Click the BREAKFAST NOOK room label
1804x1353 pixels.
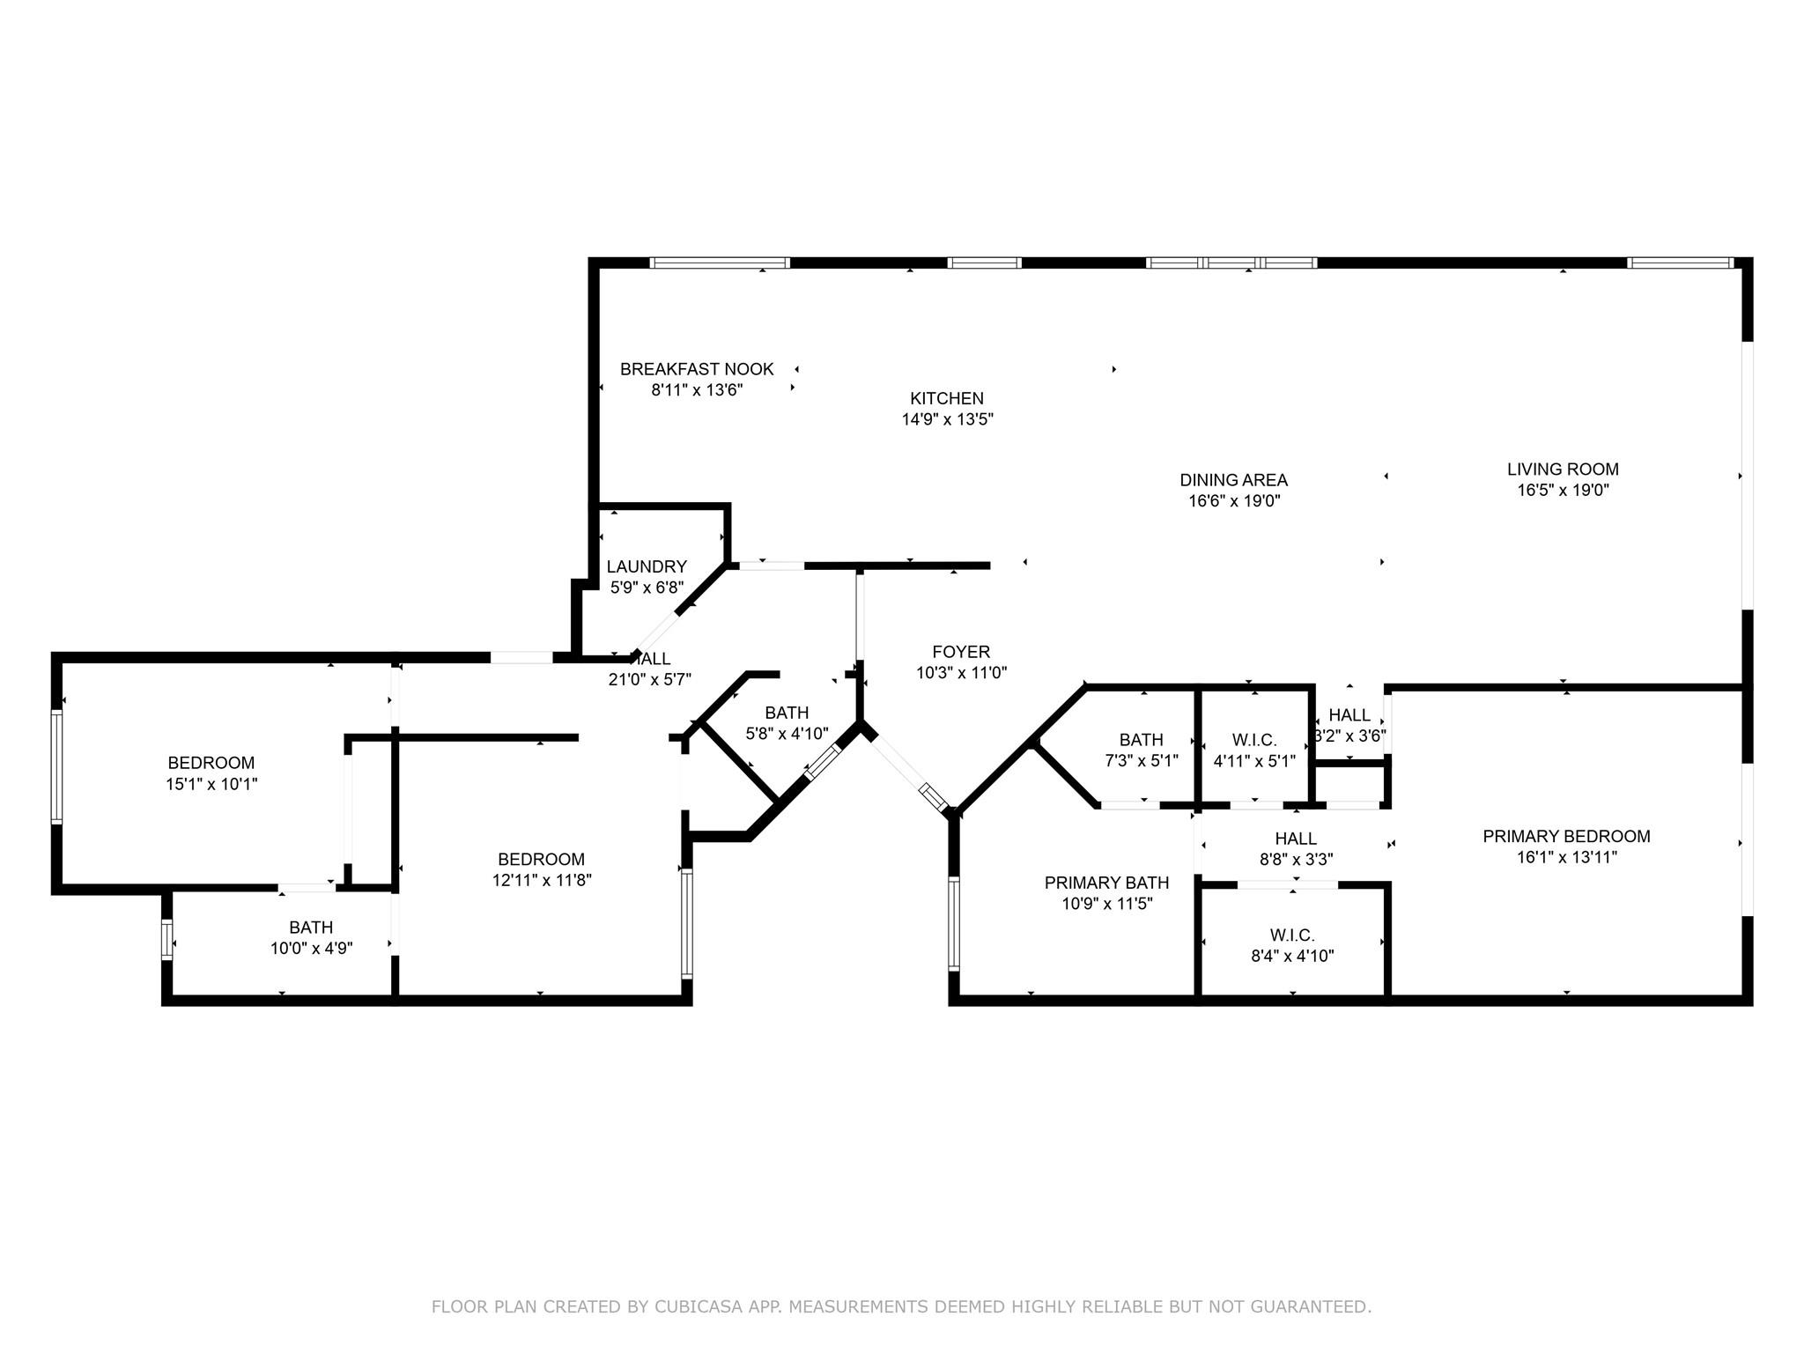tap(697, 369)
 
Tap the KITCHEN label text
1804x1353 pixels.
tap(947, 398)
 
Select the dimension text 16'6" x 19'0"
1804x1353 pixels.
tap(1233, 501)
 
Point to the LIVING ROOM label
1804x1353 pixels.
tap(1563, 469)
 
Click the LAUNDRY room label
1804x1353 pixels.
tap(647, 566)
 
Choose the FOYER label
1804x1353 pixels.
tap(961, 652)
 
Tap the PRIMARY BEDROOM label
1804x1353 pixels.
tap(1566, 836)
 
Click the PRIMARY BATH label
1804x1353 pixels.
tap(1106, 883)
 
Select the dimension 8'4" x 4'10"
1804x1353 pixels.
tap(1292, 956)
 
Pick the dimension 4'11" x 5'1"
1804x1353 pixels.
tap(1254, 761)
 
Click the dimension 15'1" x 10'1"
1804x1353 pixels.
tap(211, 784)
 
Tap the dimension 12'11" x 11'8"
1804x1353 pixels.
tap(541, 880)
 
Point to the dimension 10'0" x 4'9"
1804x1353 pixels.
tap(311, 949)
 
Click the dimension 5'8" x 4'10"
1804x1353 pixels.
tap(787, 734)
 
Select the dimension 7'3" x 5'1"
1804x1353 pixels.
tap(1142, 761)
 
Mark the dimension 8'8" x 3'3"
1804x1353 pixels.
tap(1296, 860)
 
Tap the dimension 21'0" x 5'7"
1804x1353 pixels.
tap(650, 679)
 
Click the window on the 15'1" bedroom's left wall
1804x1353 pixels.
tap(57, 766)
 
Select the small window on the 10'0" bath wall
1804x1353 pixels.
tap(166, 938)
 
